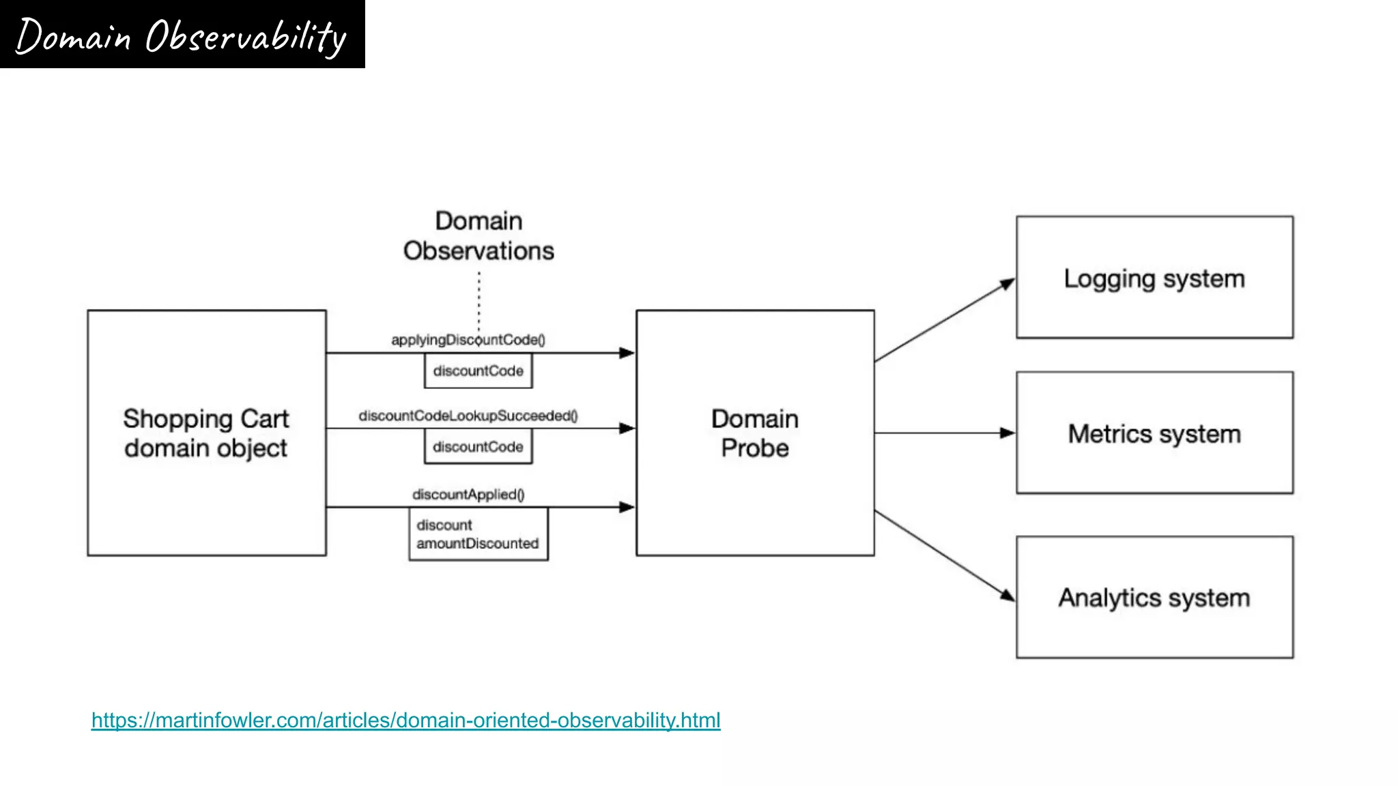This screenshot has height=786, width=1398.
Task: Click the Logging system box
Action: coord(1154,278)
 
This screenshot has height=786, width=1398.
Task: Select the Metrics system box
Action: coord(1154,433)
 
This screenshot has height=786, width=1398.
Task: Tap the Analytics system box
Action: coord(1154,598)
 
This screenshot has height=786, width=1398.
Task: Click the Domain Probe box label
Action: coord(754,433)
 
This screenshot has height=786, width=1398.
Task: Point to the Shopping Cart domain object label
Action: coord(206,433)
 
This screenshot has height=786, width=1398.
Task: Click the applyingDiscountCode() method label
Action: coord(468,340)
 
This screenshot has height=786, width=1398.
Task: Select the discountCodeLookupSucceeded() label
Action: coord(468,416)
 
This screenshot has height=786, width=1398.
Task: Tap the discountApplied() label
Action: coord(468,495)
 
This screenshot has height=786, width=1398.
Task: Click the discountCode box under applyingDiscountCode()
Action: coord(478,371)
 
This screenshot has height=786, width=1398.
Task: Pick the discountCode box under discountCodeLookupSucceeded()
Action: coord(478,447)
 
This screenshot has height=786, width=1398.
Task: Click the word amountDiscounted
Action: coord(477,544)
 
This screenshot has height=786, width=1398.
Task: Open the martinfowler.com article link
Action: coord(405,720)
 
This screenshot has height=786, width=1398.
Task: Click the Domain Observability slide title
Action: coord(182,35)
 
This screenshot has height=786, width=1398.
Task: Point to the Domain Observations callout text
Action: coord(479,236)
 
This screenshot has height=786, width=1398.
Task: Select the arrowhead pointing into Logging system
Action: coord(1008,284)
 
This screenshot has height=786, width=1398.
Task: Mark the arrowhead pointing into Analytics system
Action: coord(1008,596)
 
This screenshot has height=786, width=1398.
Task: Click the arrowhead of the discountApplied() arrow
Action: coord(626,507)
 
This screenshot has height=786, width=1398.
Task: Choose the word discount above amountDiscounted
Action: coord(444,525)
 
